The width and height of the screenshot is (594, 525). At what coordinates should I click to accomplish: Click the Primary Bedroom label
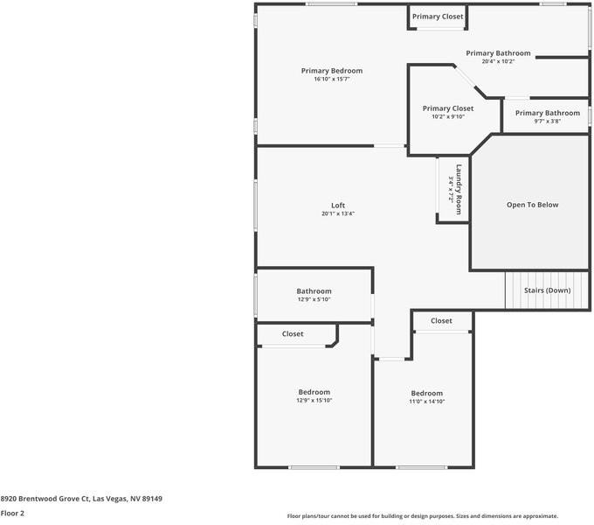click(331, 71)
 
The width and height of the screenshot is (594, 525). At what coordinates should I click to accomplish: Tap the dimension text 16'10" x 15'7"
click(331, 80)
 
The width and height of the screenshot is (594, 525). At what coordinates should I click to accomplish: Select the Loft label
click(338, 206)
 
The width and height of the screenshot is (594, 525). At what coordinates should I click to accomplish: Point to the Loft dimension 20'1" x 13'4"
click(338, 213)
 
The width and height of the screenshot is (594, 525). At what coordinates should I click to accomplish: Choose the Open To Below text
click(532, 205)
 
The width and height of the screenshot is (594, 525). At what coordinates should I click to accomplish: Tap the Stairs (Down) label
click(547, 290)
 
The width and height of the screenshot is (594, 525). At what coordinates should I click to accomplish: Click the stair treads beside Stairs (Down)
click(518, 290)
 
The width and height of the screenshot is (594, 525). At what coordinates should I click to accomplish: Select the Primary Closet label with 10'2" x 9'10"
click(447, 108)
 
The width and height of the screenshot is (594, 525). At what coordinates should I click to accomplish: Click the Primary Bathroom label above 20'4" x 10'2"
click(498, 53)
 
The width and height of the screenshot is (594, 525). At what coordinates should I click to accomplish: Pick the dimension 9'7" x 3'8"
click(547, 122)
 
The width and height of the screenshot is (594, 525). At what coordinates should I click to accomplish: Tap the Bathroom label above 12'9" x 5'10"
click(314, 291)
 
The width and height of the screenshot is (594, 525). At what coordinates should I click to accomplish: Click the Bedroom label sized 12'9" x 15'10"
click(314, 392)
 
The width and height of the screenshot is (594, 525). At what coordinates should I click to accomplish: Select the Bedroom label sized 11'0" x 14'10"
click(426, 394)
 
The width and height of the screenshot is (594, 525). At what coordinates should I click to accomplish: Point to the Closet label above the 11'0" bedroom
click(441, 321)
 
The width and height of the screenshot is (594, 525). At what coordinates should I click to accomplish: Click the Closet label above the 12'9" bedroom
click(293, 334)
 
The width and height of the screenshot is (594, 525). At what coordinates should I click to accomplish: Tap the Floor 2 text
click(12, 514)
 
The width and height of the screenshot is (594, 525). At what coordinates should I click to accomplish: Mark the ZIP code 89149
click(152, 499)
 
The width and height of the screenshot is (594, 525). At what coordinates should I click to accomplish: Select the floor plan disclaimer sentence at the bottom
click(423, 516)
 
